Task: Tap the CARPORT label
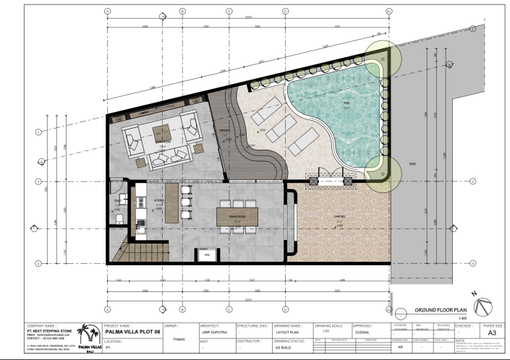[339, 217]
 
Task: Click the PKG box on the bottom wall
[206, 254]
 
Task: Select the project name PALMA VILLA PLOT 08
[132, 333]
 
